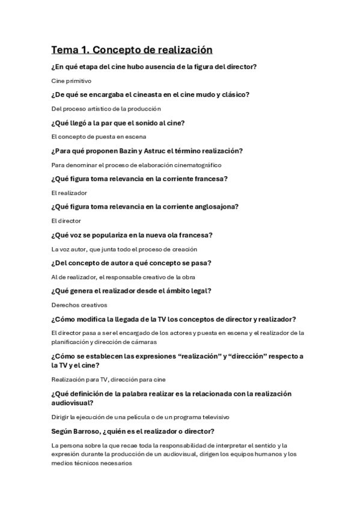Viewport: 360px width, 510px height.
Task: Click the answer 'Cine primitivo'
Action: (x=71, y=81)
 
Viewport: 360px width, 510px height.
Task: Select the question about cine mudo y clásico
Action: (x=150, y=94)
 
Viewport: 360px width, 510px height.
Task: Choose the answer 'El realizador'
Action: (x=69, y=193)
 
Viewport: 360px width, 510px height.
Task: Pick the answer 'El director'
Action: (x=66, y=221)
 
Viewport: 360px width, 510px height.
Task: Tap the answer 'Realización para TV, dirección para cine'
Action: (x=108, y=379)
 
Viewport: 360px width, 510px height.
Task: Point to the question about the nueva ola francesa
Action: (x=135, y=235)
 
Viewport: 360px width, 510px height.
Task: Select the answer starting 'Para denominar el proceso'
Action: (x=136, y=165)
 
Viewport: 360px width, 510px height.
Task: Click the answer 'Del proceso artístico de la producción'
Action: (x=106, y=109)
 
